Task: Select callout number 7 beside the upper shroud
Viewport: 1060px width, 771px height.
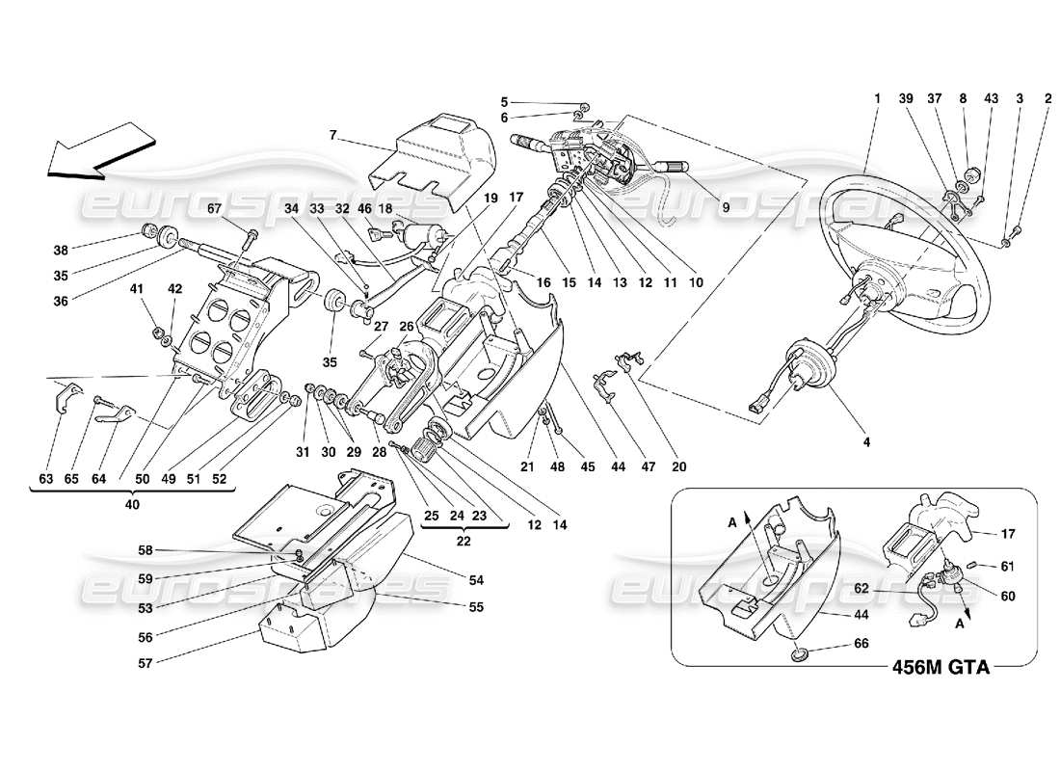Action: tap(332, 136)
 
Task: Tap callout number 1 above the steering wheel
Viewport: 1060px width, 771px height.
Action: tap(878, 98)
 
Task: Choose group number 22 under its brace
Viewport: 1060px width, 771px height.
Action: tap(463, 543)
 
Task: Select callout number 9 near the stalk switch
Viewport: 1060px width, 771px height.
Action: tap(725, 206)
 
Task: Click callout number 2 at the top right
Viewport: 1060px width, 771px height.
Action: tap(1048, 98)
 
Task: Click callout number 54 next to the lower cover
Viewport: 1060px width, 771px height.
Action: tap(476, 579)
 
